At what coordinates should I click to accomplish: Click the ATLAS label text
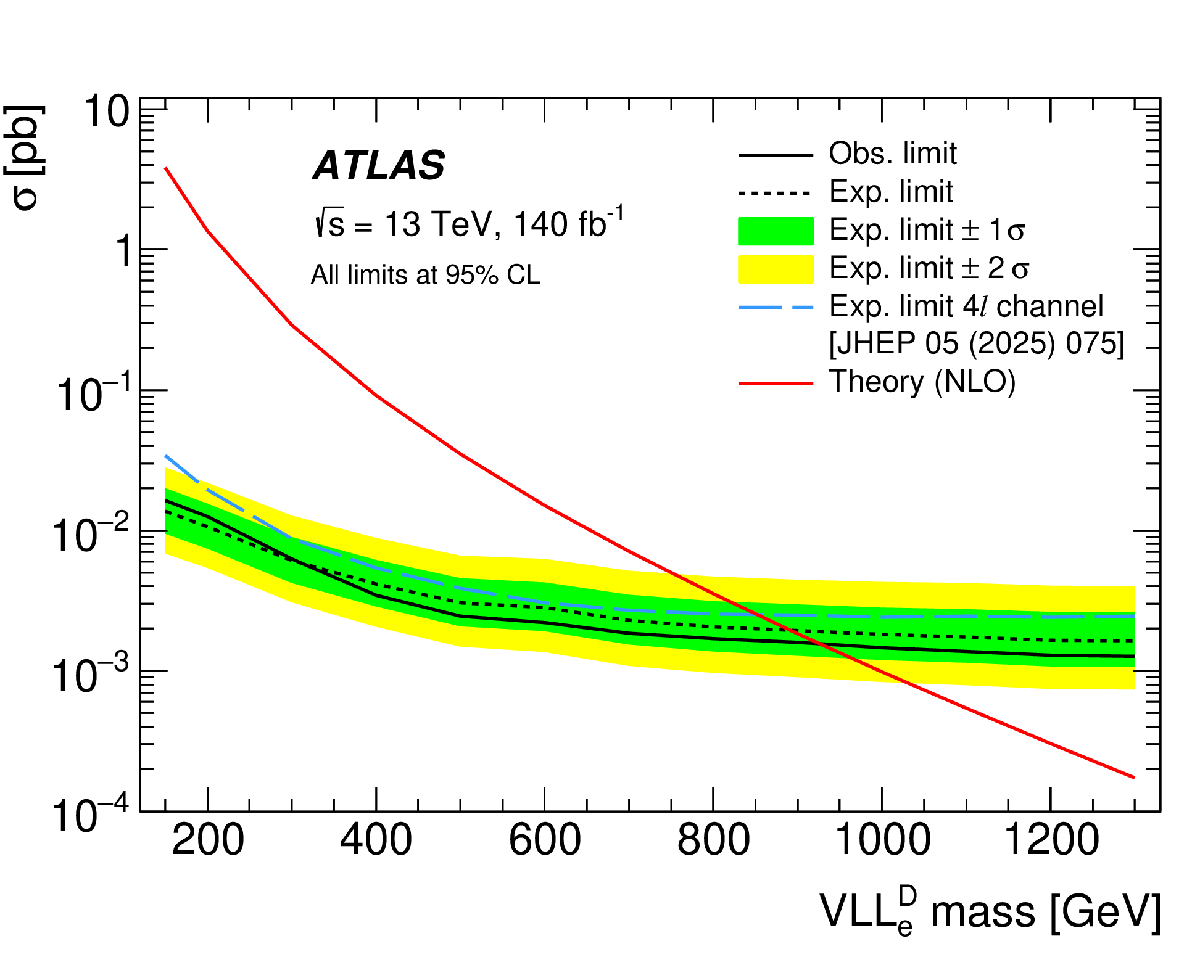pos(379,165)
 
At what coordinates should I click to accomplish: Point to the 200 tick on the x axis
pos(208,840)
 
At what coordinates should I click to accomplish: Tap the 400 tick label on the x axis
pos(376,840)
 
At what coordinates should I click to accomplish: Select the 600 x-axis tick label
pos(544,840)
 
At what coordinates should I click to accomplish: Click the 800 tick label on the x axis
pos(713,840)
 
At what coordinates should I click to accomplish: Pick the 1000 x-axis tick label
pos(882,840)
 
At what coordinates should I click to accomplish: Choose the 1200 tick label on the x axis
pos(1051,840)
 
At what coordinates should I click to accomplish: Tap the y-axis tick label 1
pos(124,251)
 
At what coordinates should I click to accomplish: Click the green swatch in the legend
pos(776,231)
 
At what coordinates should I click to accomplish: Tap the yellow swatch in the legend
pos(776,269)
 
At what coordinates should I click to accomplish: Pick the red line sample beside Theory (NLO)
pos(776,383)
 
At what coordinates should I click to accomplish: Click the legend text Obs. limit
pos(892,154)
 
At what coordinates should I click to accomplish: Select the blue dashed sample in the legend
pos(776,307)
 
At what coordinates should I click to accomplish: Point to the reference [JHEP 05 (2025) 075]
pos(976,343)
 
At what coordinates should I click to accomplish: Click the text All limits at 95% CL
pos(425,275)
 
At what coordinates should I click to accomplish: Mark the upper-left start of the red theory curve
pos(166,168)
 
